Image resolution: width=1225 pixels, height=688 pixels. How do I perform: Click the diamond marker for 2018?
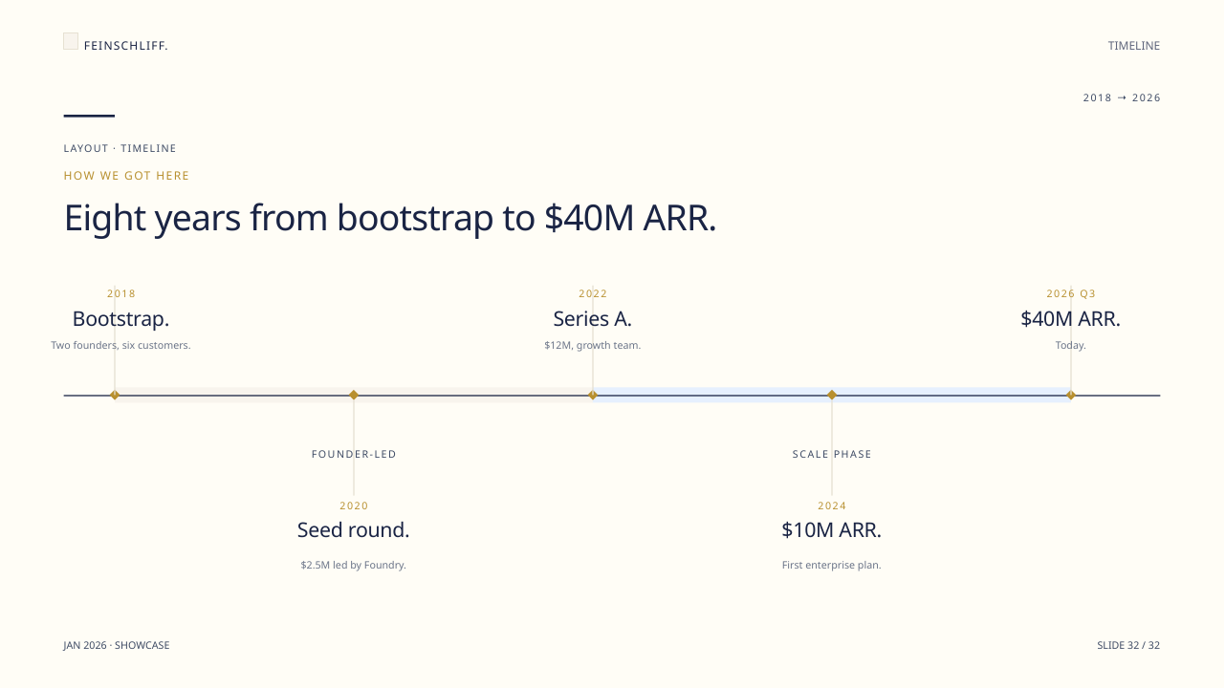pos(115,395)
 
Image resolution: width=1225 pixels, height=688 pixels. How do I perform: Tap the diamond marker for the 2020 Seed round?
pos(354,395)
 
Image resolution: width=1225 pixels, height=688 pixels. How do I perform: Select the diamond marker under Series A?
pos(593,395)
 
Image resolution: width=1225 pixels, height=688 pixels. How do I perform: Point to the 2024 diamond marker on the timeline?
pos(832,395)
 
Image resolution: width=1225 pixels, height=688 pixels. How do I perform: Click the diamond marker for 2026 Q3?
pos(1071,395)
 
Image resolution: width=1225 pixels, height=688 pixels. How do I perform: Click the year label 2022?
pos(593,294)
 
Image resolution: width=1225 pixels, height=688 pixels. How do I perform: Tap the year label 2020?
pos(354,506)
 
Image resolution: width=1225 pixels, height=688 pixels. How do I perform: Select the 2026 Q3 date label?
pos(1071,294)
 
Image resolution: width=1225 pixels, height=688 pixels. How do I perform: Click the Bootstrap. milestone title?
pos(120,319)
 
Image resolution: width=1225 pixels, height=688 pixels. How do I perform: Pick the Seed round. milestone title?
pos(353,530)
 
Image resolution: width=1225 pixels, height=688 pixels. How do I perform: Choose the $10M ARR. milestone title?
pos(831,530)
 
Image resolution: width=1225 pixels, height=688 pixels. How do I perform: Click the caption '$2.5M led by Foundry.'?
pos(353,565)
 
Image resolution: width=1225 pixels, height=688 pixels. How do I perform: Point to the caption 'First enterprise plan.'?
pos(831,565)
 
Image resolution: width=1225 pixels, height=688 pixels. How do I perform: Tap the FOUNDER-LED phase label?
pos(354,454)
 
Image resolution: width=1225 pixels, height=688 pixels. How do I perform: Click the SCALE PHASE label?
pos(832,454)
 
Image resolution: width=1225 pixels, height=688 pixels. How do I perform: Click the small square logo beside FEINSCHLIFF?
pos(71,41)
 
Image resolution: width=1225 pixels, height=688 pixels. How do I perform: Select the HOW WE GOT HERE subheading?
pos(126,176)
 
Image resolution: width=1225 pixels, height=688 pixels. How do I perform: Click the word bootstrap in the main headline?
pos(415,218)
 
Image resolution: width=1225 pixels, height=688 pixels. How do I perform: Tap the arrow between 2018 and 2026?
pos(1122,97)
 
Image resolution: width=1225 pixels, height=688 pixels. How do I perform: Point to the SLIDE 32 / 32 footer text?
pos(1128,645)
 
